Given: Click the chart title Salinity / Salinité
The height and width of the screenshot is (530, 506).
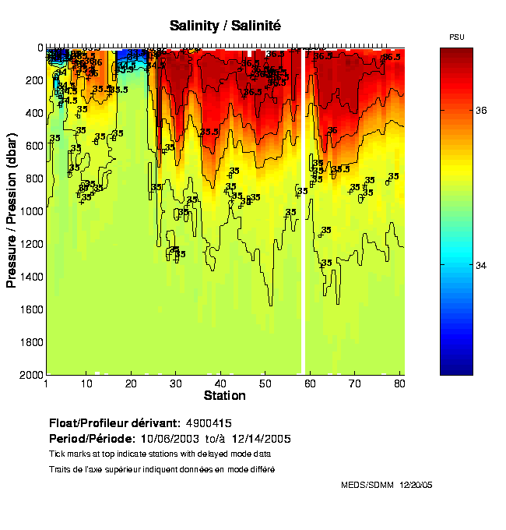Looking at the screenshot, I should [x=225, y=26].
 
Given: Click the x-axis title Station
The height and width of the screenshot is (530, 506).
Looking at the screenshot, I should [x=225, y=396].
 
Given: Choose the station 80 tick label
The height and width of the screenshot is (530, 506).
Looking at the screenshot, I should [x=399, y=384].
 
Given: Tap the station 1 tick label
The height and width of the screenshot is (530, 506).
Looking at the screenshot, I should [x=47, y=384].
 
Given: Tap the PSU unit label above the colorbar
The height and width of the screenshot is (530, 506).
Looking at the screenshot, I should [x=457, y=37].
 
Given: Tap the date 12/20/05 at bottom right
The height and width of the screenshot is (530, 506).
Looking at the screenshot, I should [x=416, y=485].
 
